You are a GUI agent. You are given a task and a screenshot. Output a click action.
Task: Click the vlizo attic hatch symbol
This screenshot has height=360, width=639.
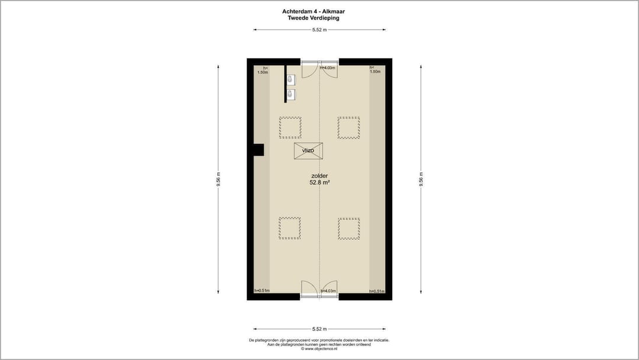[308, 150]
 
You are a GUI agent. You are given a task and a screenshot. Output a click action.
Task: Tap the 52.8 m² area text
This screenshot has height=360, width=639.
[319, 183]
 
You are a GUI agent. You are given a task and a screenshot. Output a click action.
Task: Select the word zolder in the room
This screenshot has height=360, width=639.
[319, 176]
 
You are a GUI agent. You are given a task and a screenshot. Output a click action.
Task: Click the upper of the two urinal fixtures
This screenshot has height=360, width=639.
[290, 79]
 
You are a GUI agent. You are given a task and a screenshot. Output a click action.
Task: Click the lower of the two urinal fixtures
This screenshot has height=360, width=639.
[290, 94]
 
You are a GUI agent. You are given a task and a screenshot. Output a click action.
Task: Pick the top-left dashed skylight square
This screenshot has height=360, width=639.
[290, 127]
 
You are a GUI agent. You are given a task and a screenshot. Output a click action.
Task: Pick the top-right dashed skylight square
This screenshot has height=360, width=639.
[348, 127]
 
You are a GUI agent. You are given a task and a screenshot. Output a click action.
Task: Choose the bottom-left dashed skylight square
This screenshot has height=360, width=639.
[290, 228]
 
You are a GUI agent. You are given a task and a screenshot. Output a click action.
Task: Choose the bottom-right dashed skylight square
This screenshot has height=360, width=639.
[348, 228]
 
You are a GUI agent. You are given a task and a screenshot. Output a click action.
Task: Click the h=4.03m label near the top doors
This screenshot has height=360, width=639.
[328, 68]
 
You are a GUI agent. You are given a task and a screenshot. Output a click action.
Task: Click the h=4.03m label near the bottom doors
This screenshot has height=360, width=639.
[328, 291]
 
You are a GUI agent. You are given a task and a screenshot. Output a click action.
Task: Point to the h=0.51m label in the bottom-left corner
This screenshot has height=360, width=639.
[262, 291]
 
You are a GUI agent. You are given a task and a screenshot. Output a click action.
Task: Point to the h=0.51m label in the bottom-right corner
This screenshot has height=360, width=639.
[377, 291]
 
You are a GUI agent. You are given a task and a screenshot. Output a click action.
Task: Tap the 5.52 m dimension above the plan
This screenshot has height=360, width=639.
[319, 29]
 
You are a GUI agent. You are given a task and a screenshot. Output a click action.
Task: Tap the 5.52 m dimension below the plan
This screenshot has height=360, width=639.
[319, 329]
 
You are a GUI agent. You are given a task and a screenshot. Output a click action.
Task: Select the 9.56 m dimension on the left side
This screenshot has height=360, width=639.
[218, 179]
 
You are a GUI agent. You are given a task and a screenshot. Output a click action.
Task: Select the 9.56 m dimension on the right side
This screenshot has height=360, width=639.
[421, 179]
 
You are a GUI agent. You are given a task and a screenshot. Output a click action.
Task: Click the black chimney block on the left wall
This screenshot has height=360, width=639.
[257, 150]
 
